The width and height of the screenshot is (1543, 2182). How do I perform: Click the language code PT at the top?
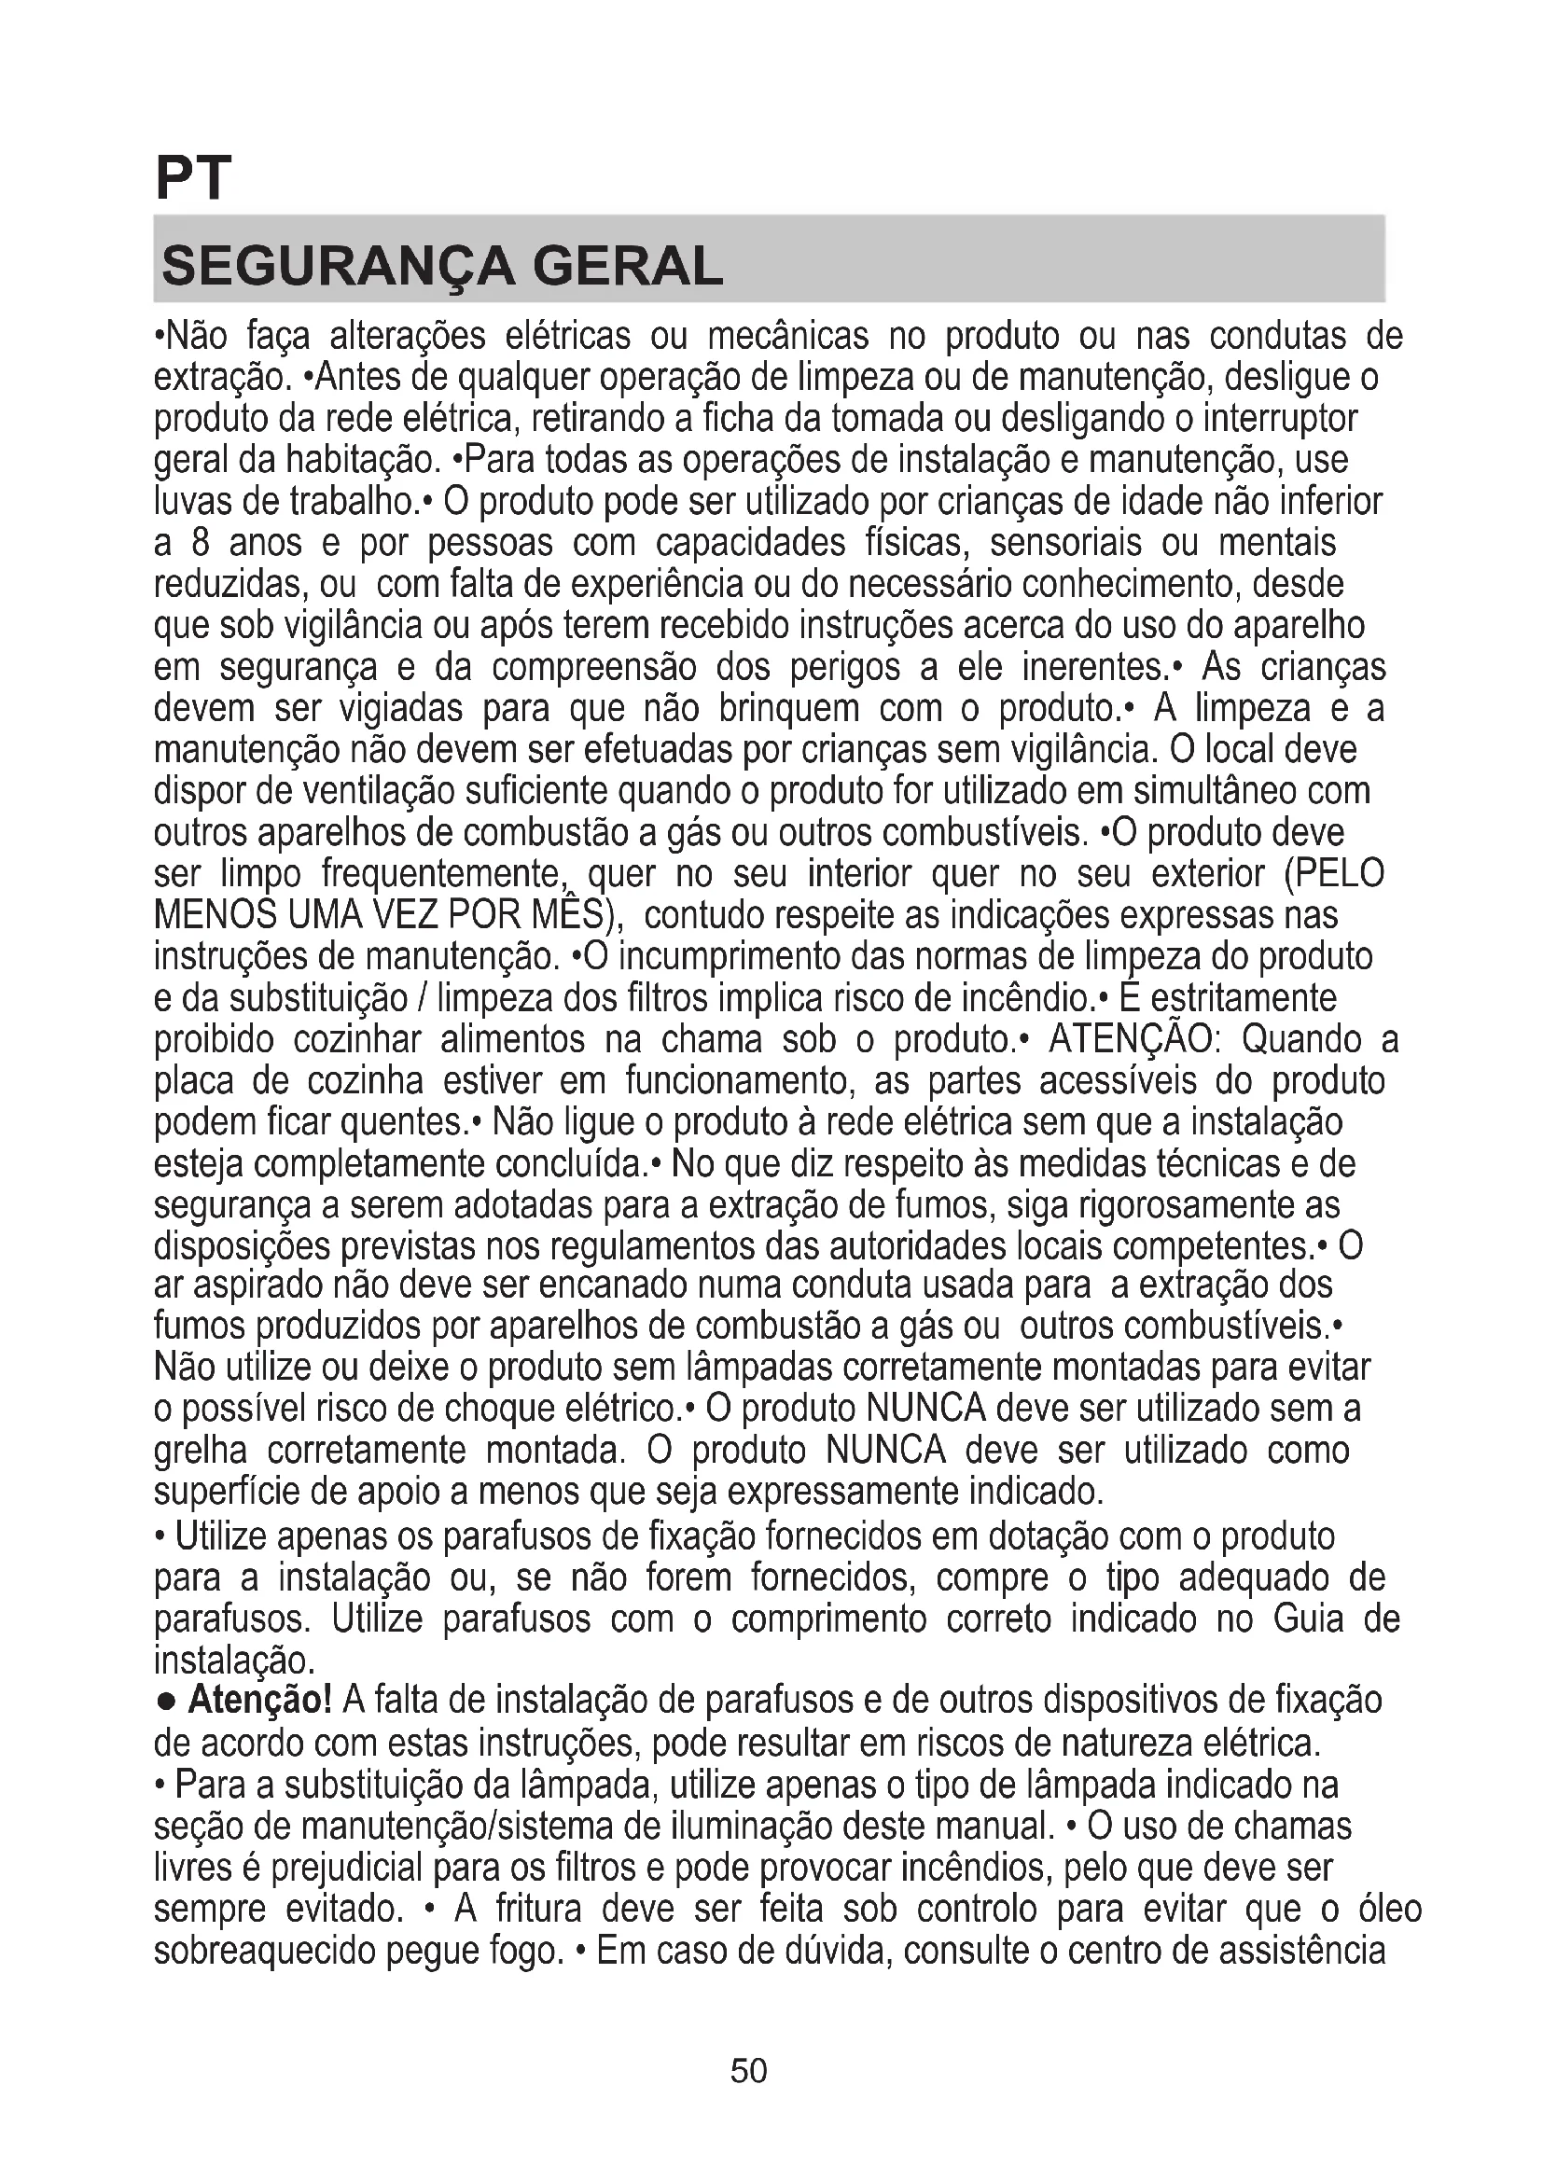pyautogui.click(x=193, y=178)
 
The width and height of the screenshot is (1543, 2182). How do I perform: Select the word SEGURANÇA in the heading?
pyautogui.click(x=339, y=266)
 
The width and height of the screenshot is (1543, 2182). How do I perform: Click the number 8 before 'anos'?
pyautogui.click(x=200, y=543)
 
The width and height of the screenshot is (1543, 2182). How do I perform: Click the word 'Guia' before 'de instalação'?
pyautogui.click(x=1307, y=1619)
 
